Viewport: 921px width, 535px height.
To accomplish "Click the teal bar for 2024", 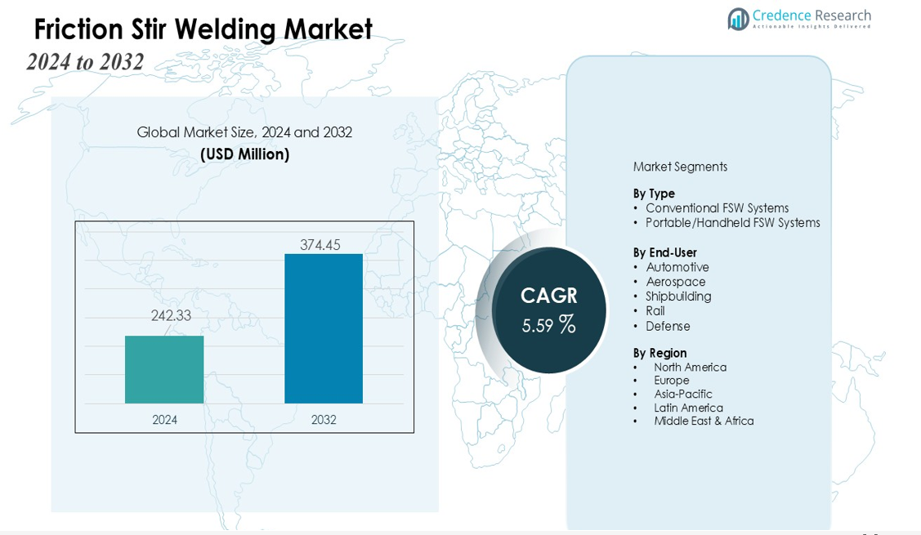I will (x=164, y=369).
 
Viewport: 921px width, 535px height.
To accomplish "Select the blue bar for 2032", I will (x=324, y=328).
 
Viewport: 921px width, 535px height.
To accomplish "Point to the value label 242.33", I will (x=171, y=315).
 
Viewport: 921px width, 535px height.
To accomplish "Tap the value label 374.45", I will (x=320, y=244).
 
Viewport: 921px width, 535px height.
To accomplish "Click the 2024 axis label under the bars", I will (x=164, y=420).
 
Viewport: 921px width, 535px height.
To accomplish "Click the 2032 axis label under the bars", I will (x=324, y=420).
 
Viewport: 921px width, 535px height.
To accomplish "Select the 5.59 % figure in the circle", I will (x=548, y=325).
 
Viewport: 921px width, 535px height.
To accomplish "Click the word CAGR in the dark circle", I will (x=549, y=296).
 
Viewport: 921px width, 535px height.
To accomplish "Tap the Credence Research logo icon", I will (x=739, y=19).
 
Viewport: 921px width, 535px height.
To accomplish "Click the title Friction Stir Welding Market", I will (x=203, y=29).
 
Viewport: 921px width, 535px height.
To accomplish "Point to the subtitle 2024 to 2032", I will (x=85, y=62).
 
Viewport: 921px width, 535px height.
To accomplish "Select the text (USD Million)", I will (x=244, y=154).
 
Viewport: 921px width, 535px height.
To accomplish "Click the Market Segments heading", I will (x=680, y=167).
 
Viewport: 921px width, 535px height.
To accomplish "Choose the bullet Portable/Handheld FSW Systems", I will (x=732, y=223).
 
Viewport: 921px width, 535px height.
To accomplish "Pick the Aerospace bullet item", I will (x=675, y=282).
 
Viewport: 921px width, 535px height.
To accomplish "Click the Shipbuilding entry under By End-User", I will (x=678, y=296).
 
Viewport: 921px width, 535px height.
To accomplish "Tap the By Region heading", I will (x=659, y=353).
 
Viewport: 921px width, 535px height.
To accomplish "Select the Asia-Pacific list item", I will (x=682, y=394).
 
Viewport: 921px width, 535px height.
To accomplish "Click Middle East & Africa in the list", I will (x=704, y=421).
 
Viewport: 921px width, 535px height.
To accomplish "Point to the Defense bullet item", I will (x=668, y=326).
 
